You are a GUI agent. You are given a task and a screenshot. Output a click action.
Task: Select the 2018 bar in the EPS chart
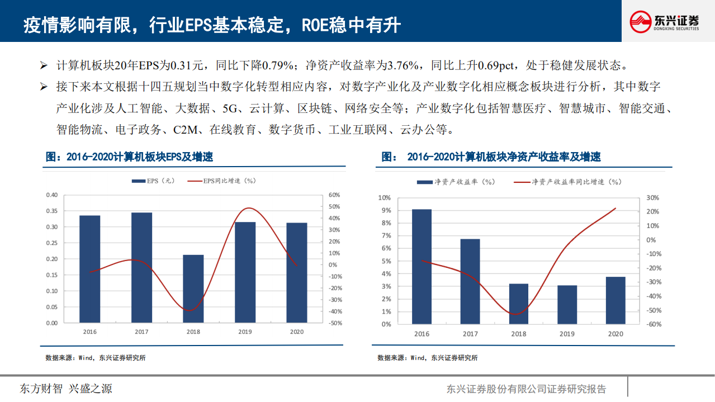point(193,289)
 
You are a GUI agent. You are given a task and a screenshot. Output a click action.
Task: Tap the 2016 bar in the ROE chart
point(422,267)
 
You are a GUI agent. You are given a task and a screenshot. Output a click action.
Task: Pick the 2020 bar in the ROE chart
point(615,300)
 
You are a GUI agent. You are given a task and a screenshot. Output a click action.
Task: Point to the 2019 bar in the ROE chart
point(567,305)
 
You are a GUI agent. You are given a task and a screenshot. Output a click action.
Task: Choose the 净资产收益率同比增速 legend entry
point(567,182)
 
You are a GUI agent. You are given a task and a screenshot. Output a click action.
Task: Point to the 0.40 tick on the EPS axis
point(51,195)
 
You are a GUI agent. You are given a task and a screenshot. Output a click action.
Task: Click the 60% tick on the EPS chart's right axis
point(334,195)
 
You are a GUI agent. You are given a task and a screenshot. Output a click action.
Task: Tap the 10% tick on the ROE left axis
point(384,198)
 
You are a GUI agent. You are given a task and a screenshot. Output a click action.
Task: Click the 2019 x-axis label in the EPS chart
point(245,332)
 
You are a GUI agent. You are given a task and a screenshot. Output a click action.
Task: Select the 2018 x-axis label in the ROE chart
point(518,334)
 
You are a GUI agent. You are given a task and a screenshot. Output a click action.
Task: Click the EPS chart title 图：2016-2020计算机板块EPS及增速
point(129,157)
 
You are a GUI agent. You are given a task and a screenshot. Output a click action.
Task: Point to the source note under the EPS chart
point(96,358)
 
